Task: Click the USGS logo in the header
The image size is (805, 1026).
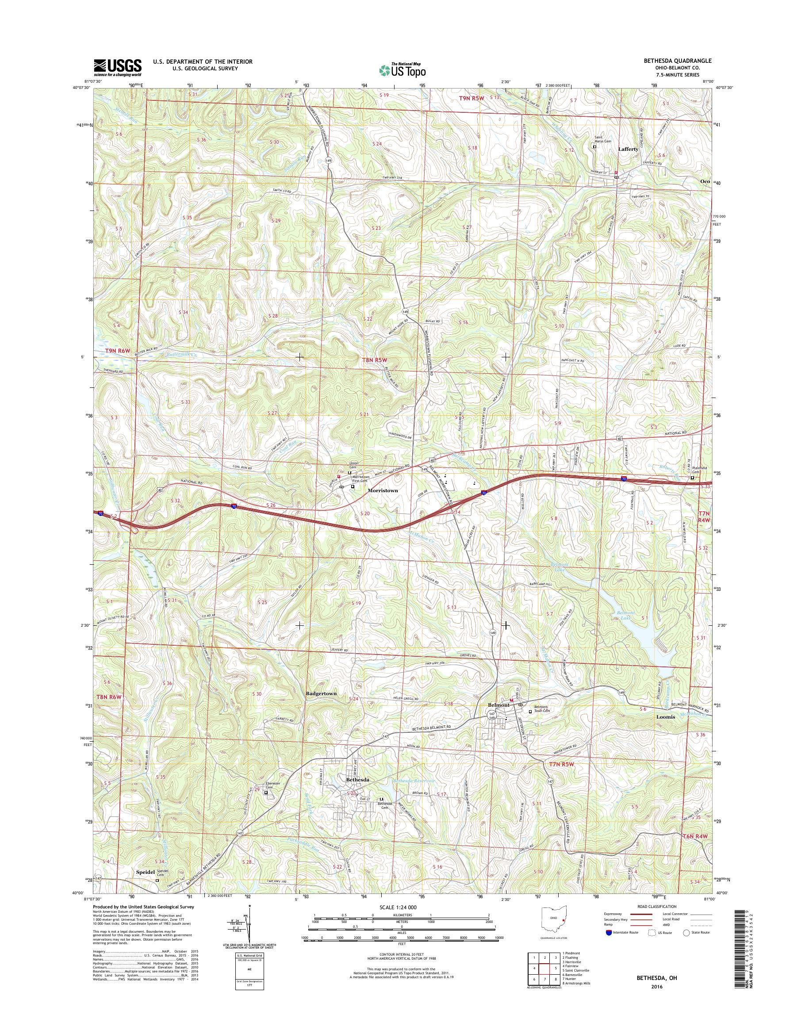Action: point(117,68)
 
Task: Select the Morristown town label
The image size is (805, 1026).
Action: point(382,490)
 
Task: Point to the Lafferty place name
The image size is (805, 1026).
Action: point(628,149)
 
